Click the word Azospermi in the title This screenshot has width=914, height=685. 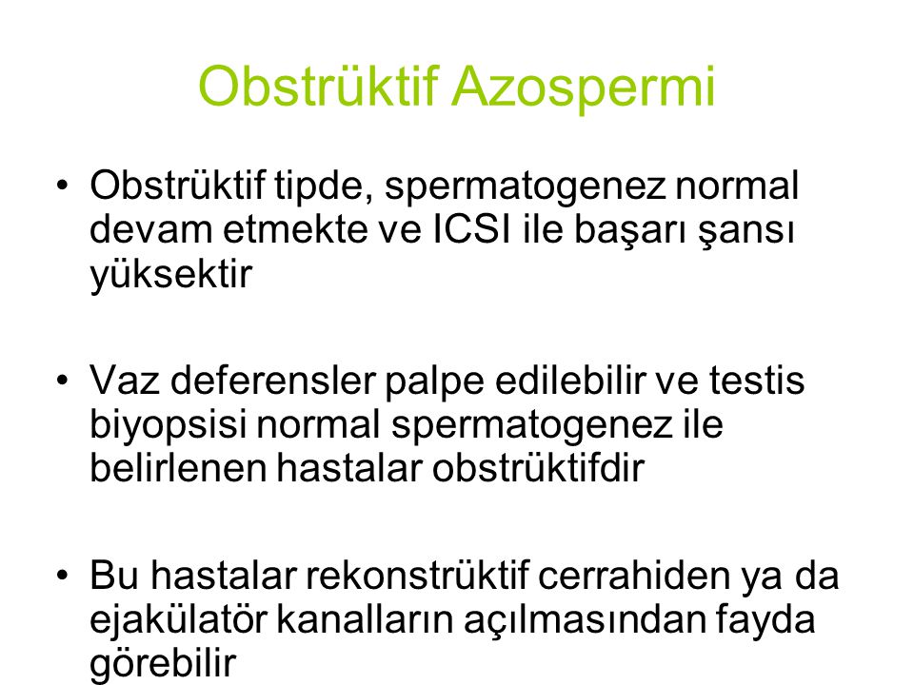[584, 88]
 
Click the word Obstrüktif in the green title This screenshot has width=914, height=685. [318, 87]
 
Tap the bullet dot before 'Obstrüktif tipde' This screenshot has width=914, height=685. [63, 186]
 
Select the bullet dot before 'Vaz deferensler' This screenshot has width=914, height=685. [63, 381]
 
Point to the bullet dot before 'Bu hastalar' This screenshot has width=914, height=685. [63, 576]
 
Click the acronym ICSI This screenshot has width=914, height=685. [472, 229]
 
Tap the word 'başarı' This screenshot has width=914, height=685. [630, 230]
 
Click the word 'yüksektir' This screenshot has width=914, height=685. [170, 274]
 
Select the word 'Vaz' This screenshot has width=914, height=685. [124, 381]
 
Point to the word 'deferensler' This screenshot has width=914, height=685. [273, 380]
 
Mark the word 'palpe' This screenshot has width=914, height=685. [435, 382]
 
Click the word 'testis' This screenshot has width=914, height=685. [757, 381]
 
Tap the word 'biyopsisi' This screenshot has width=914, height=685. [168, 426]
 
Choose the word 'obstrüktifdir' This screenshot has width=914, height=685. [538, 468]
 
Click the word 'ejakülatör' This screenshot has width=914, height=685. [178, 619]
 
